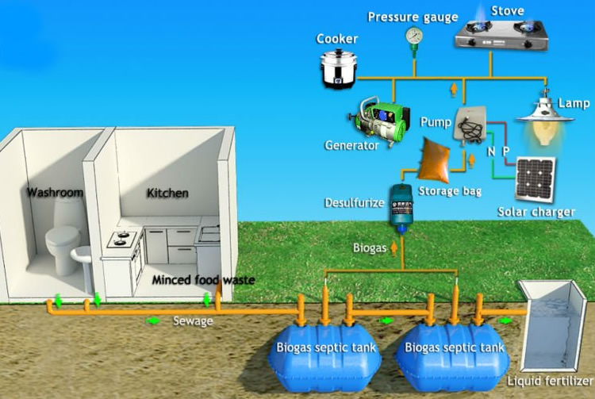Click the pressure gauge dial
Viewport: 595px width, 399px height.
[413, 35]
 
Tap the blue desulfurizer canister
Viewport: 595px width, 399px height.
[401, 206]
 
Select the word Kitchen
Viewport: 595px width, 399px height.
[168, 193]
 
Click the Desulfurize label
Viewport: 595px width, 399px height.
[354, 202]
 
